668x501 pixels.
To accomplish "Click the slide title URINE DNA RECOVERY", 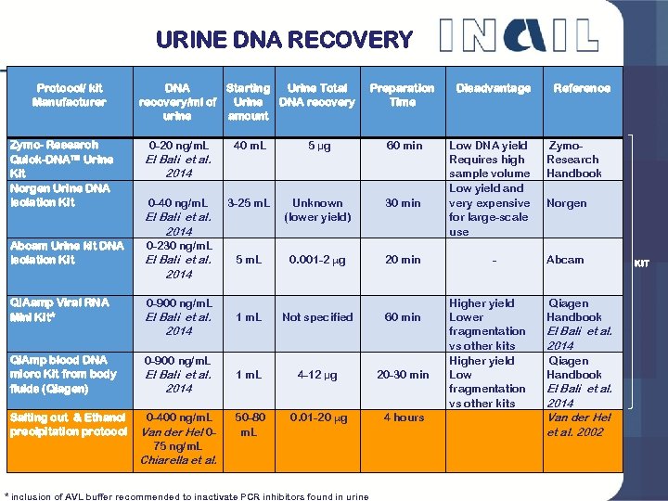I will pyautogui.click(x=284, y=40).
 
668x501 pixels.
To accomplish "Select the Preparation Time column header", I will pyautogui.click(x=402, y=95).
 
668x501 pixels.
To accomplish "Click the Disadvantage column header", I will pyautogui.click(x=493, y=88).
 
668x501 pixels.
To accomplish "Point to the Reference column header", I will pyautogui.click(x=582, y=88).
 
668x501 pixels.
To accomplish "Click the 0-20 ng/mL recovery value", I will pyautogui.click(x=179, y=146).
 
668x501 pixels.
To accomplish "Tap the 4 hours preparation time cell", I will pyautogui.click(x=403, y=417).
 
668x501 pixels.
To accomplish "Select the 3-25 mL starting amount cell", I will pyautogui.click(x=248, y=203).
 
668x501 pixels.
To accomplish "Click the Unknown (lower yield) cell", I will pyautogui.click(x=317, y=210).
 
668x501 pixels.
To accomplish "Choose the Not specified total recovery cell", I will pyautogui.click(x=317, y=317).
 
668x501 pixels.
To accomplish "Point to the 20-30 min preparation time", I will pyautogui.click(x=403, y=375).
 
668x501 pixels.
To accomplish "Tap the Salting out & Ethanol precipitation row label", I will pyautogui.click(x=68, y=425).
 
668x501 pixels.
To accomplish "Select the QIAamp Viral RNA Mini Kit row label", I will pyautogui.click(x=58, y=310).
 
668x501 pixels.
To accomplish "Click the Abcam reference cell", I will pyautogui.click(x=565, y=261).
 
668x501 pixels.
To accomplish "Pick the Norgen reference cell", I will pyautogui.click(x=566, y=203).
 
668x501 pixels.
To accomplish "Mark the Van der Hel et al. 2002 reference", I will pyautogui.click(x=580, y=425).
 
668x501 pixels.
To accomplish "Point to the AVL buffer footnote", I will pyautogui.click(x=186, y=495).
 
